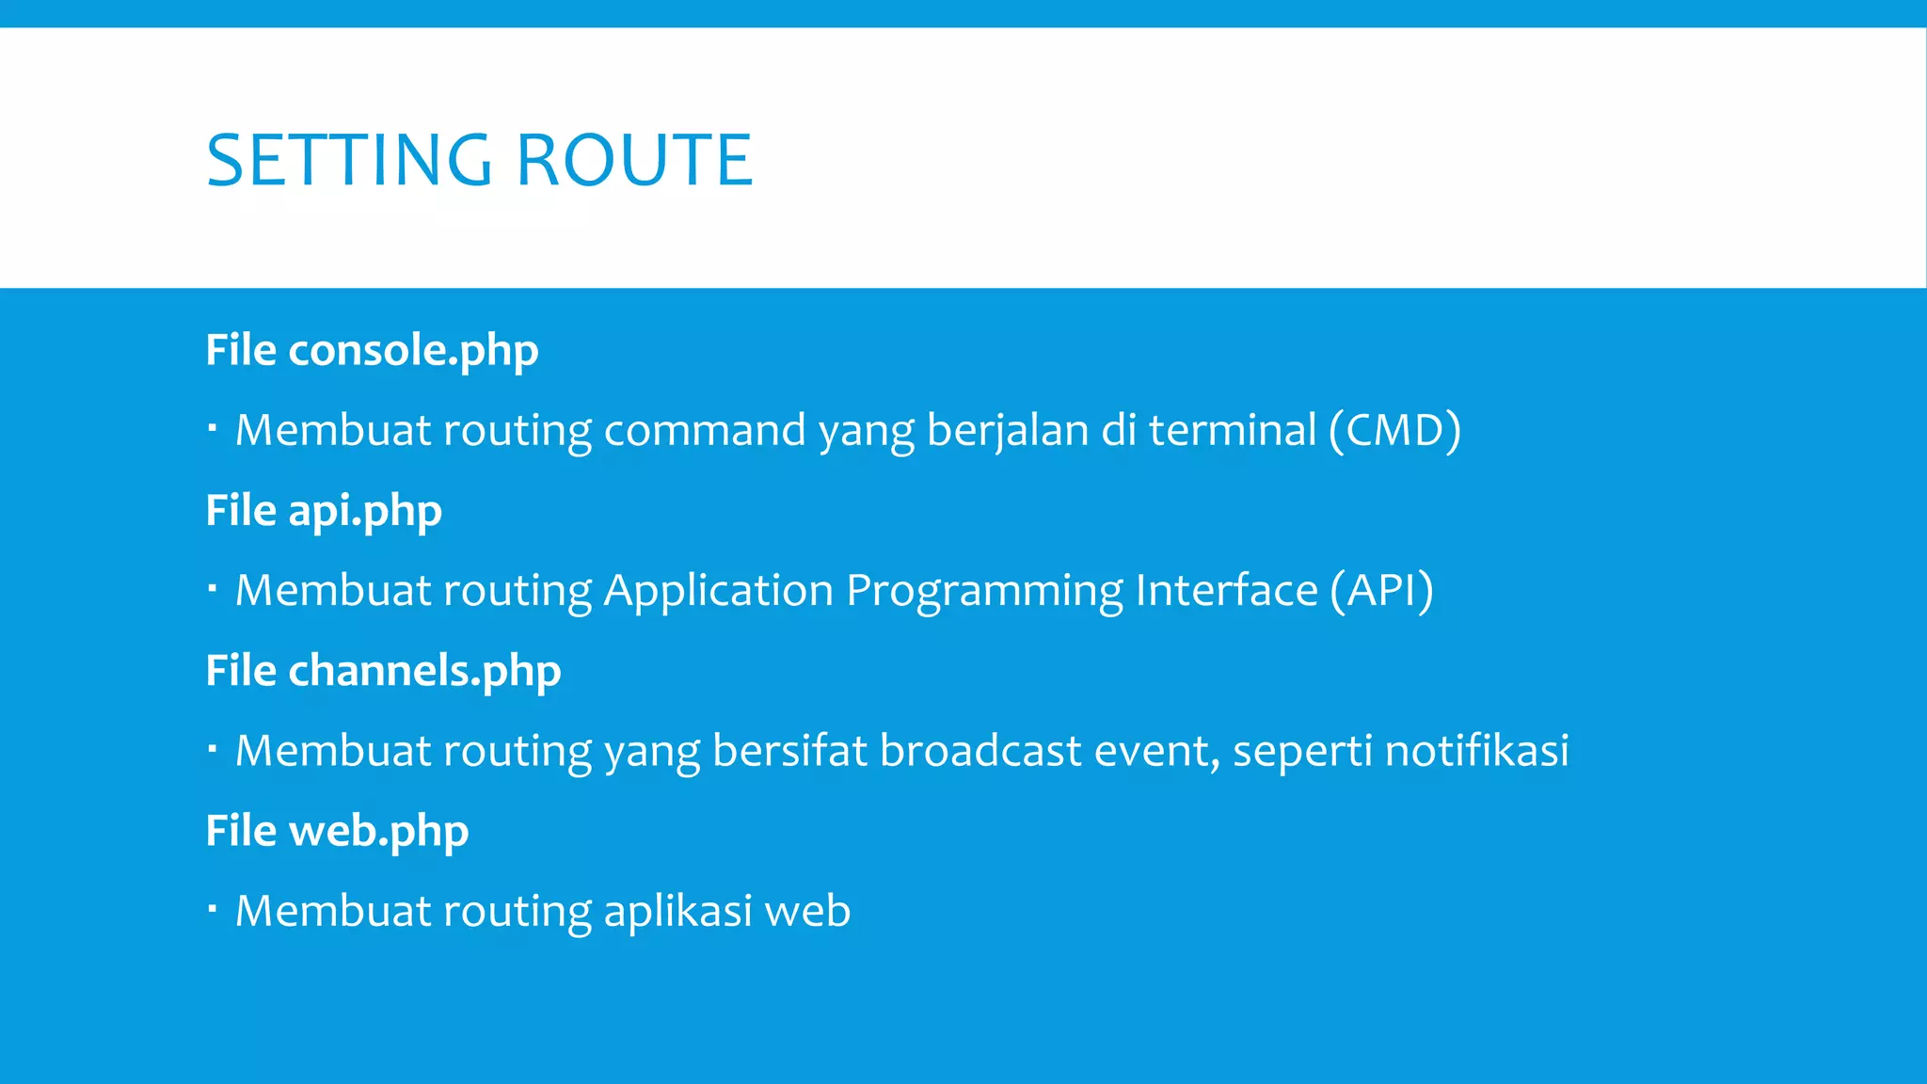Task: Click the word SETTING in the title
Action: point(348,160)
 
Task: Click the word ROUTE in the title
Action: point(635,160)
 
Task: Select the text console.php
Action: point(413,350)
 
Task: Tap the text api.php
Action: point(364,511)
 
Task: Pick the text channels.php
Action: point(424,671)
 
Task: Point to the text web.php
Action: point(378,831)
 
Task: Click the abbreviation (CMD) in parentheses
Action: point(1395,430)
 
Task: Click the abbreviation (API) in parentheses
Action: point(1381,591)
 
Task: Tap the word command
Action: point(705,430)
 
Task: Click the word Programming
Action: point(984,591)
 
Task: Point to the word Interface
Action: point(1226,591)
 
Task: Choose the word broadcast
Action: point(980,751)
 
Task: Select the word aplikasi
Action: point(677,911)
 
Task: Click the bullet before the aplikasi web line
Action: point(213,910)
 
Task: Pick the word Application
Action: point(718,591)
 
